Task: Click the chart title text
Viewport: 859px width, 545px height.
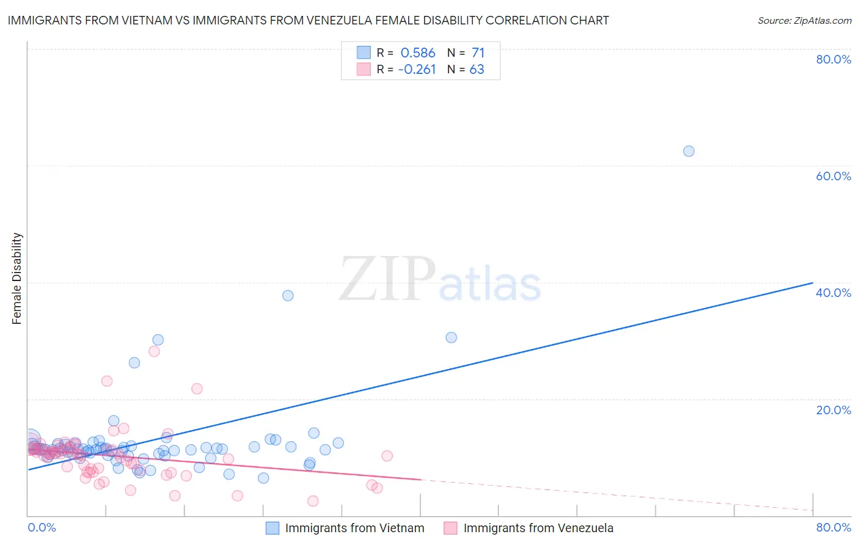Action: (308, 21)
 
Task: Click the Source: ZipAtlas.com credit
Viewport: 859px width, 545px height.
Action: (804, 21)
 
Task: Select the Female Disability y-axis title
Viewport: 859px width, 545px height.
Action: (17, 279)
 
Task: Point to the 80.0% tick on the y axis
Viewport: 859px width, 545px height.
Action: (833, 59)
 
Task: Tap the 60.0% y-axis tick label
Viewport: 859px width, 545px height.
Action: (833, 176)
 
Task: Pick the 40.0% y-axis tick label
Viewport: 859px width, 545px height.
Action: (833, 293)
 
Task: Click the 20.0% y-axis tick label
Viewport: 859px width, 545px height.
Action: (833, 410)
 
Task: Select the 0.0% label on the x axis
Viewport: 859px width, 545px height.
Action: (42, 527)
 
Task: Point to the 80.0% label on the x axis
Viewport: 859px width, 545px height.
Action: (833, 527)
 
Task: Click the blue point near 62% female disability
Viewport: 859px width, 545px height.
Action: (689, 152)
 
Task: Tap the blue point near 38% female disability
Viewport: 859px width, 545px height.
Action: (288, 296)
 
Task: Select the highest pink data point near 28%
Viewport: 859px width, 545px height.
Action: (154, 351)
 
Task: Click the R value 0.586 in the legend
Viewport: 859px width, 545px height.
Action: (418, 53)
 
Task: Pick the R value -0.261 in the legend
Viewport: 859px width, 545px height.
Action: (417, 70)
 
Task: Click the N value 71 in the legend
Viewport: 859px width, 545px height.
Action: (478, 53)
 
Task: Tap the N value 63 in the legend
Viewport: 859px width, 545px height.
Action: (477, 70)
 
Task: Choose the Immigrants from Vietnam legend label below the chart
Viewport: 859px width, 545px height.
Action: (354, 529)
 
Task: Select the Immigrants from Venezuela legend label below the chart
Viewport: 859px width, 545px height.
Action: (538, 529)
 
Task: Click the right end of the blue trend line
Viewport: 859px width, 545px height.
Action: (813, 283)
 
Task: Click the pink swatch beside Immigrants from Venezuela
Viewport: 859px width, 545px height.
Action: (450, 529)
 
